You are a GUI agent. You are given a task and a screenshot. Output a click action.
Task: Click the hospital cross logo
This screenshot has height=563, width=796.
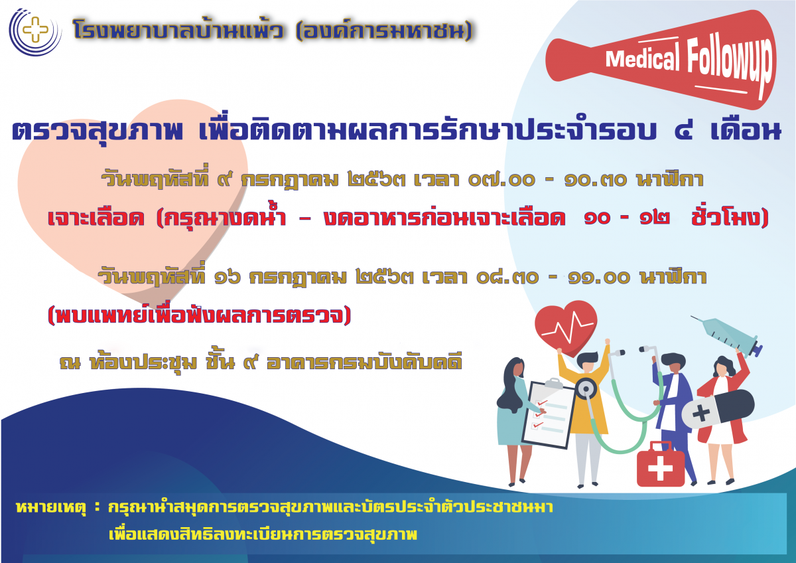35,31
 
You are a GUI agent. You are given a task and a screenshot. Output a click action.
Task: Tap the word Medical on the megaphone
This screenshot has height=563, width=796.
643,58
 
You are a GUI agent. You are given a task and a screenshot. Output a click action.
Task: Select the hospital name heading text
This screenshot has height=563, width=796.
272,31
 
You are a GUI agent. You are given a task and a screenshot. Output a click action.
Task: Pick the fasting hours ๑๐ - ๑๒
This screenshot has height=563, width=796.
628,218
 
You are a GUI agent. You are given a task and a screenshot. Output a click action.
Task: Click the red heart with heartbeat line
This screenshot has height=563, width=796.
566,327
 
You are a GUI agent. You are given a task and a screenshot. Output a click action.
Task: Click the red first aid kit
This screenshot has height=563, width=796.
660,464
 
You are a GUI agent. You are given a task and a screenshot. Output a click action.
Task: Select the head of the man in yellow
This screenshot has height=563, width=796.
587,362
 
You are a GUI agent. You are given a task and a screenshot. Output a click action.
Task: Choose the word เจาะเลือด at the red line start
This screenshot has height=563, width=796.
96,218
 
